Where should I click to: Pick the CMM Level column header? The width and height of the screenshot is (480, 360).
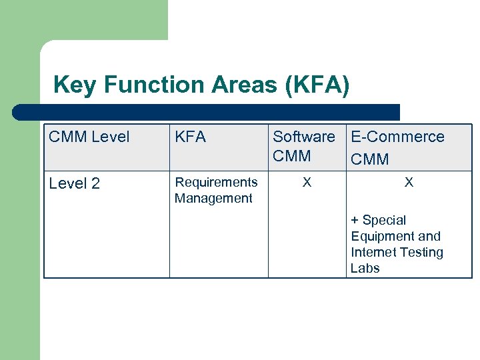pyautogui.click(x=89, y=137)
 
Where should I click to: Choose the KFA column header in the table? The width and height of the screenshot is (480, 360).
pyautogui.click(x=190, y=137)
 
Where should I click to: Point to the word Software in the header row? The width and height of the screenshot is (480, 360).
pyautogui.click(x=304, y=137)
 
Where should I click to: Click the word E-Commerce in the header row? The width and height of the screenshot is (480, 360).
pyautogui.click(x=397, y=137)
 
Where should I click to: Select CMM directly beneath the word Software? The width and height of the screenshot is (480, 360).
pyautogui.click(x=292, y=156)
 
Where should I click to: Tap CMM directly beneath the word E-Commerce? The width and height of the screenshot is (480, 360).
pyautogui.click(x=370, y=159)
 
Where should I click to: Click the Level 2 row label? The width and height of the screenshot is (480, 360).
pyautogui.click(x=75, y=183)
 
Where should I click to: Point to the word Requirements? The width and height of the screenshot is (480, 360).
pyautogui.click(x=216, y=182)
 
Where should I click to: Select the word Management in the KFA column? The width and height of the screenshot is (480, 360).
pyautogui.click(x=213, y=198)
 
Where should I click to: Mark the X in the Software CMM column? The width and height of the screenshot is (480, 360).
pyautogui.click(x=307, y=182)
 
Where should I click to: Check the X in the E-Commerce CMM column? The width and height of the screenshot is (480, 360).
pyautogui.click(x=409, y=182)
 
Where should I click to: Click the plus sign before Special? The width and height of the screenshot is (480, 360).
pyautogui.click(x=355, y=221)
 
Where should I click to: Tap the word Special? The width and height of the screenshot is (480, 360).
pyautogui.click(x=384, y=221)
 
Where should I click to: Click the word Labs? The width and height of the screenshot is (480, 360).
pyautogui.click(x=365, y=269)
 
